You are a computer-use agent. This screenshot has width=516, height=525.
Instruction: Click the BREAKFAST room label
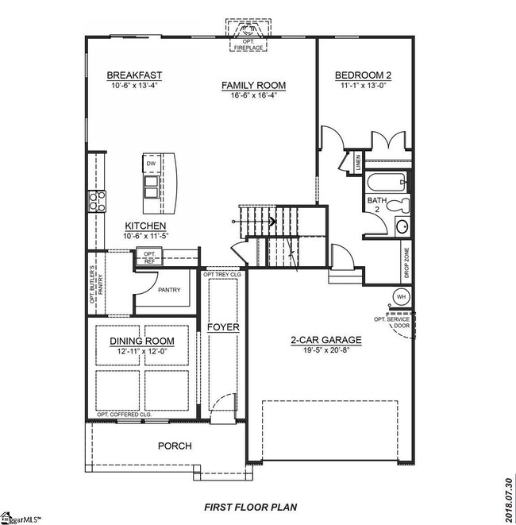tap(134, 75)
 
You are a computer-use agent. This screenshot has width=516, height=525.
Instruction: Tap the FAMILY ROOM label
tap(253, 85)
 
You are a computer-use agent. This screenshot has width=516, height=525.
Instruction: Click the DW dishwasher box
tap(151, 164)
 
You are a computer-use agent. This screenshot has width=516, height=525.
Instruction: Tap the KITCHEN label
tap(144, 226)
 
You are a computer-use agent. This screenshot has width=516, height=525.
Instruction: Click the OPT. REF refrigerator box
tap(149, 257)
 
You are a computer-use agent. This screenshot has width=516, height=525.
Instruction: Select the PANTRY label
tap(169, 290)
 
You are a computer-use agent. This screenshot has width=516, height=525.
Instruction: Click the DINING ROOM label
tap(142, 342)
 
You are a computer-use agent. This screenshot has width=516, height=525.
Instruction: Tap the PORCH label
tap(174, 446)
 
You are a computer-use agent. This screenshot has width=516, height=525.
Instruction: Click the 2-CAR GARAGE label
tap(325, 340)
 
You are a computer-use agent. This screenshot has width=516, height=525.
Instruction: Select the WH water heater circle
tap(400, 298)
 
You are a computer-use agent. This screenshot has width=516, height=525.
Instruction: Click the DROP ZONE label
tap(407, 261)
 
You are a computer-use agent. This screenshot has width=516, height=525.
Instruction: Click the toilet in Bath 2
tap(401, 207)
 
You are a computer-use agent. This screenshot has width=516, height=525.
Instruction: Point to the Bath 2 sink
tap(401, 227)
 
